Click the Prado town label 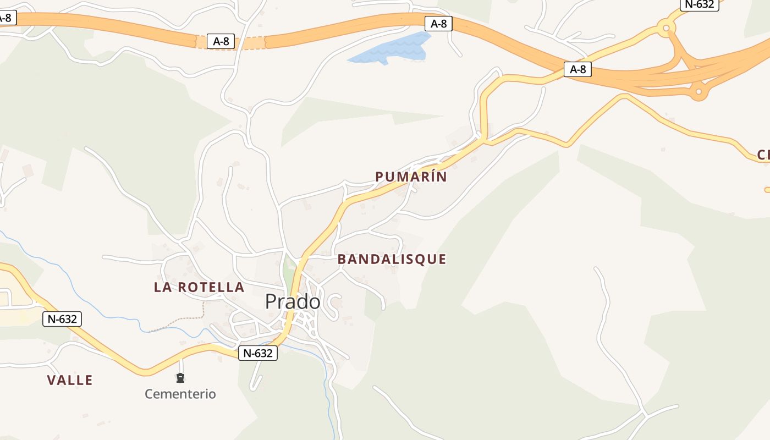292,301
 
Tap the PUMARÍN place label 411,177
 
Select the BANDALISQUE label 392,259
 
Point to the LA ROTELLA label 199,287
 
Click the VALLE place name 70,380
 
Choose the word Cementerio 180,394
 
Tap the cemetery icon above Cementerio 180,378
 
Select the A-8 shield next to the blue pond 438,24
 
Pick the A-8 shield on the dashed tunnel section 221,41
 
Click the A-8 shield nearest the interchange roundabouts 577,69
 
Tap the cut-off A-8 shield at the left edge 7,18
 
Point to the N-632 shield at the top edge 700,4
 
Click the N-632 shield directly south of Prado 258,353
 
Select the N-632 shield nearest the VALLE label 62,318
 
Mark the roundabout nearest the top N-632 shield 667,27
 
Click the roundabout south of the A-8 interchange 698,91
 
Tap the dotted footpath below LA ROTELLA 182,318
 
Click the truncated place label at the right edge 763,155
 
